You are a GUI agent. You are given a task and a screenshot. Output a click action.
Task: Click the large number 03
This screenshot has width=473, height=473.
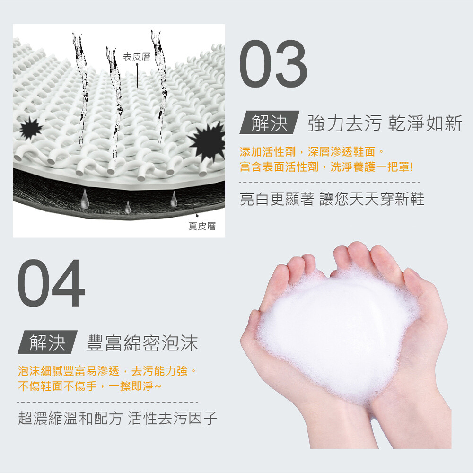coord(273,64)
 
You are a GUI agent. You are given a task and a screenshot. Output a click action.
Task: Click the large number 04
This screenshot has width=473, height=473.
coord(51,283)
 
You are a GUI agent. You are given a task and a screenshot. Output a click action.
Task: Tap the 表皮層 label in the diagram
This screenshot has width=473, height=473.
coord(136,56)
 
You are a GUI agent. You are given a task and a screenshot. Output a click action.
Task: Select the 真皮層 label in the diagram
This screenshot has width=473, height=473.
coord(202,226)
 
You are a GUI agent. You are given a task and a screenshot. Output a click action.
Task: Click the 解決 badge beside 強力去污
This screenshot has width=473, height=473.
coord(270,123)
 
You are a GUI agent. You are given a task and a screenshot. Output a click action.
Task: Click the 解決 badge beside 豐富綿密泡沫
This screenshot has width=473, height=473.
coord(47,342)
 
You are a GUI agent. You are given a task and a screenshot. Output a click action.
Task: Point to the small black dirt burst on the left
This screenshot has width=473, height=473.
coord(30,128)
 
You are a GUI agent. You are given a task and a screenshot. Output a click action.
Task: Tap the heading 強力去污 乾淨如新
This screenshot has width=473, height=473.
coord(385,123)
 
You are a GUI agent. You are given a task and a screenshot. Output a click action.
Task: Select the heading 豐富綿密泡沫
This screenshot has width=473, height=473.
coord(142,342)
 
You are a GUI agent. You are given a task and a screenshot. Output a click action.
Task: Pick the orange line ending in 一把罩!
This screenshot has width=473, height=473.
coord(326,166)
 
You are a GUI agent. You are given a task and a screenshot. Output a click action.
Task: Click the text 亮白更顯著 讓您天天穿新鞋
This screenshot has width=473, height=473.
coord(332,199)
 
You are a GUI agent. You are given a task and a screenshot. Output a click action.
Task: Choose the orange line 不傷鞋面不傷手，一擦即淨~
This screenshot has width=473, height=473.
coord(89,386)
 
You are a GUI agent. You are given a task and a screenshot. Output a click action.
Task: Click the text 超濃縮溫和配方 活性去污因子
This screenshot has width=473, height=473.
coord(118,418)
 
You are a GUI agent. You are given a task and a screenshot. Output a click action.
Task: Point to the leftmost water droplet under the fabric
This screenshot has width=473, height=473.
coord(85,199)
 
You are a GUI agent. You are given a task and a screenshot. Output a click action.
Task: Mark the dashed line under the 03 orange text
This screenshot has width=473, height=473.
coord(329,183)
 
